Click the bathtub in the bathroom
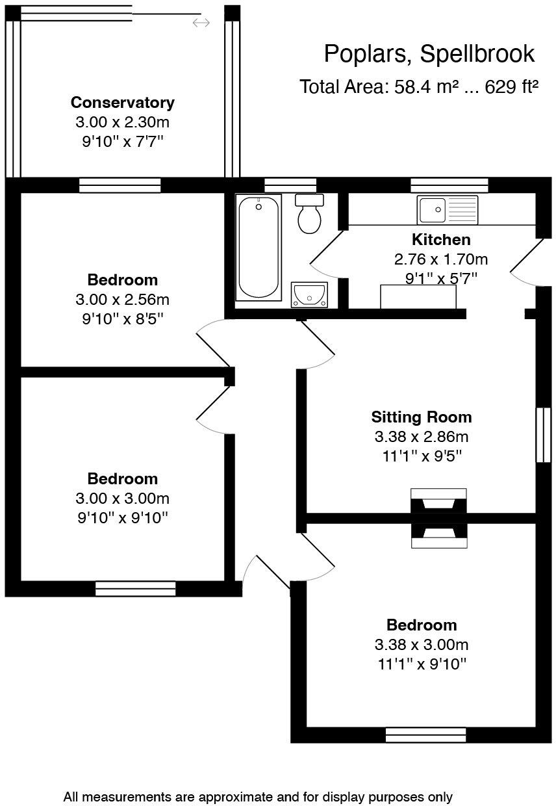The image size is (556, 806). [259, 248]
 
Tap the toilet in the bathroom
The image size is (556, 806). [309, 213]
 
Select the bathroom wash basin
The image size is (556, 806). [309, 294]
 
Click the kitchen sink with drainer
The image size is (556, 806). [448, 210]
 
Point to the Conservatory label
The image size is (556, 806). [123, 103]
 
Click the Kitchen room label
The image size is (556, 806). [441, 240]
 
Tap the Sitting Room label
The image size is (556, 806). [422, 417]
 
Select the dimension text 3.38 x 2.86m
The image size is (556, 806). [422, 437]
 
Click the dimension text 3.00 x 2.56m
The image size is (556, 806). [123, 300]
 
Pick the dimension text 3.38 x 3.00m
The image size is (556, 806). [422, 644]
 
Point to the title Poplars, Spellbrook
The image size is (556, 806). [429, 54]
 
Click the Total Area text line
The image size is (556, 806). [419, 86]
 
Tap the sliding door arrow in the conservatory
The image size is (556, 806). [201, 23]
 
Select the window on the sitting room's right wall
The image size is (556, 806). [544, 434]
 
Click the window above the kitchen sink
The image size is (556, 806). [449, 185]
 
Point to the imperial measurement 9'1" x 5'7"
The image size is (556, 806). [441, 278]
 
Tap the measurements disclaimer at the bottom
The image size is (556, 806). [258, 797]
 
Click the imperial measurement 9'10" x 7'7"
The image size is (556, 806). [123, 142]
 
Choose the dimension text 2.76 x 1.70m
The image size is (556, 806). [441, 259]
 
